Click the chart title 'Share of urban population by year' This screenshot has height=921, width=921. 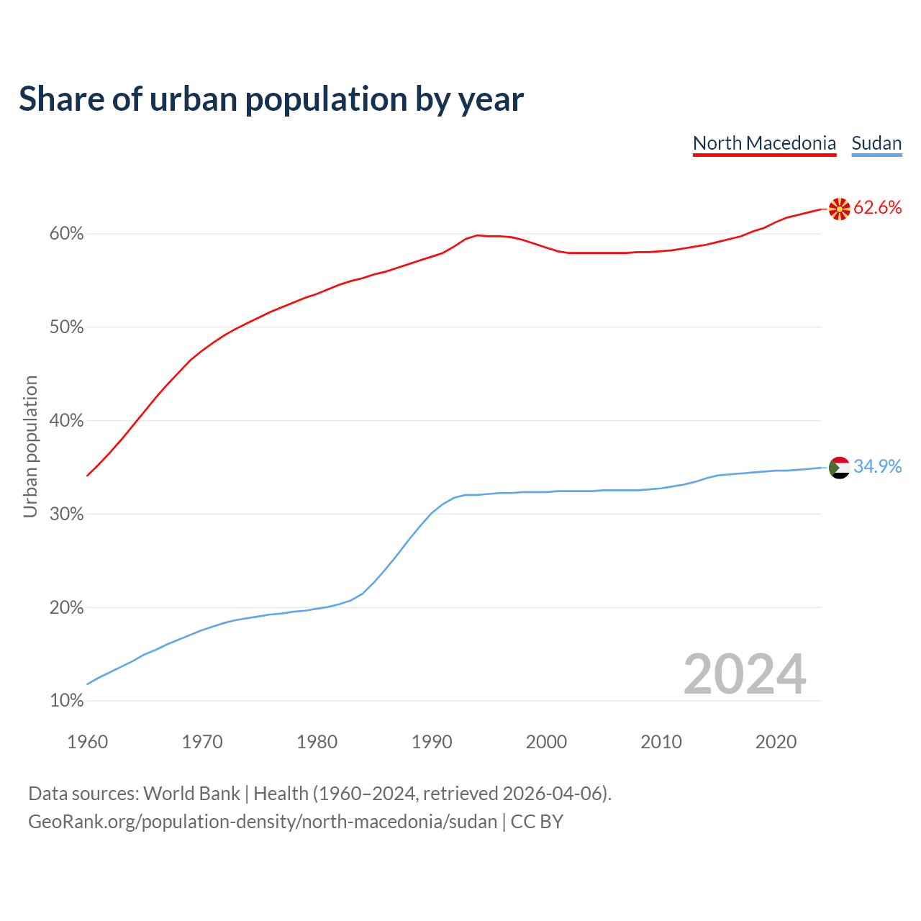click(x=271, y=99)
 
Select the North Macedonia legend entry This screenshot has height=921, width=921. click(x=764, y=143)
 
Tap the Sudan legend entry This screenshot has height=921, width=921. click(x=876, y=143)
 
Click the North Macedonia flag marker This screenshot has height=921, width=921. click(x=839, y=209)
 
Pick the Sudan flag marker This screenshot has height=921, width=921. click(x=839, y=467)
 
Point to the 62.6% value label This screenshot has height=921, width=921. click(x=877, y=208)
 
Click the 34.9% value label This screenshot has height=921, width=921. click(x=877, y=467)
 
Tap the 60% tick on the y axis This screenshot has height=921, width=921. click(x=67, y=234)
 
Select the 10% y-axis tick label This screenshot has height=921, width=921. click(x=67, y=701)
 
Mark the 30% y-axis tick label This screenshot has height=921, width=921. click(x=67, y=514)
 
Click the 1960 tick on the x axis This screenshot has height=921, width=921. click(x=87, y=742)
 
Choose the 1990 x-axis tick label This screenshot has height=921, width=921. click(x=432, y=742)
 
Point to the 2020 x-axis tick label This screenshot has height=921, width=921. click(x=776, y=742)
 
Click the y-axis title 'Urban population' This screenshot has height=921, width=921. click(x=30, y=446)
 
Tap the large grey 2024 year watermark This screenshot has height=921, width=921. click(x=745, y=674)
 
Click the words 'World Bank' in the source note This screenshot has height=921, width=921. click(x=191, y=794)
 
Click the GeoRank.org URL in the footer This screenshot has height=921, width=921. click(x=263, y=822)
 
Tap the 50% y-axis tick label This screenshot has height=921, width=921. click(x=67, y=327)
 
